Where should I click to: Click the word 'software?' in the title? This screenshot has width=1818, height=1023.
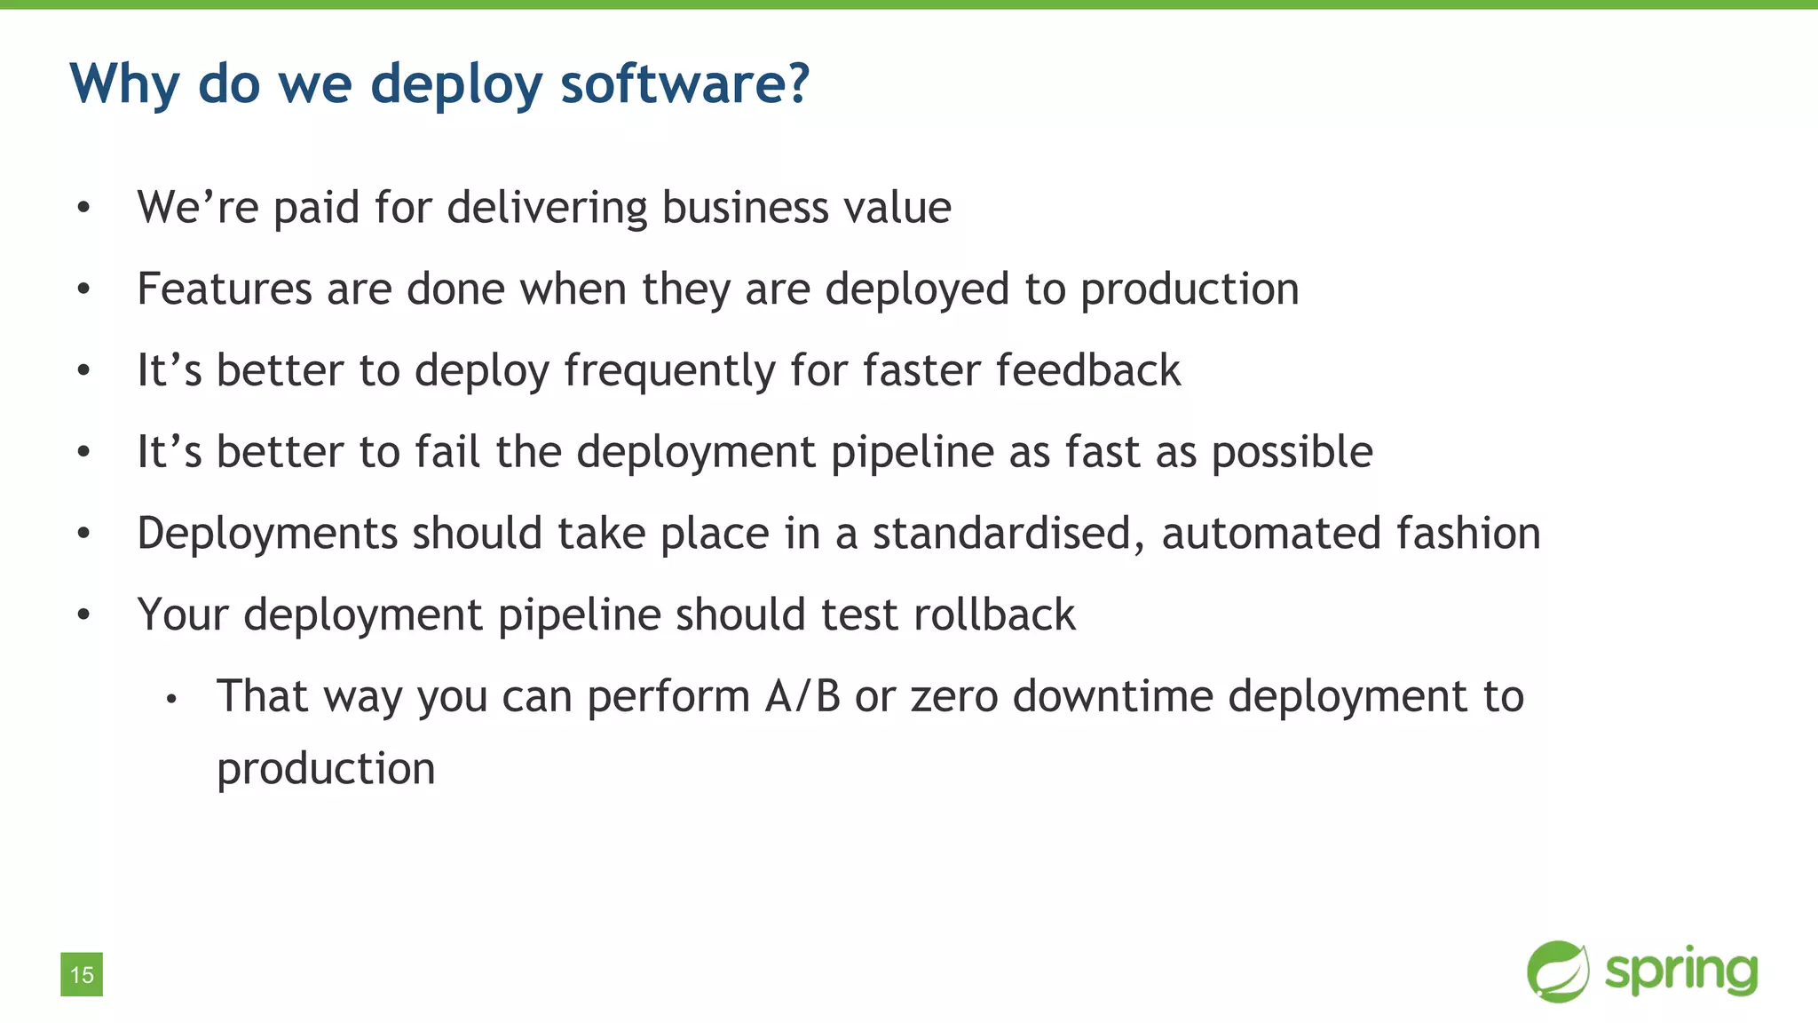pyautogui.click(x=684, y=83)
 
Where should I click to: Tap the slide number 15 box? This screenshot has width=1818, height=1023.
pyautogui.click(x=82, y=974)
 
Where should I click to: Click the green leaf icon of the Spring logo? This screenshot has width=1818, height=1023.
pyautogui.click(x=1558, y=971)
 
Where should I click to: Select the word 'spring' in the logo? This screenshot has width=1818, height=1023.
pyautogui.click(x=1681, y=971)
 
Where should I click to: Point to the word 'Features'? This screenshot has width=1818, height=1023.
pyautogui.click(x=225, y=289)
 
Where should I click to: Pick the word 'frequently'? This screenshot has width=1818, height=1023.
pyautogui.click(x=669, y=371)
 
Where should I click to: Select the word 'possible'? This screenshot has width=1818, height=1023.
pyautogui.click(x=1292, y=453)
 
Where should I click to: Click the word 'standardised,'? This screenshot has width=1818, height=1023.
pyautogui.click(x=1008, y=534)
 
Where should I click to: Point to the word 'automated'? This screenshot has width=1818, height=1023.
pyautogui.click(x=1270, y=534)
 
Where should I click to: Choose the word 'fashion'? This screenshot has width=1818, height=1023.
pyautogui.click(x=1468, y=534)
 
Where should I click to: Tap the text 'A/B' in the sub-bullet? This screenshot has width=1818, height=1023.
pyautogui.click(x=802, y=696)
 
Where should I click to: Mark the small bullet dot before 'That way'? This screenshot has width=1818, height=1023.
pyautogui.click(x=171, y=700)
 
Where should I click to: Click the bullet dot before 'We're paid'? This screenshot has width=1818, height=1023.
pyautogui.click(x=83, y=208)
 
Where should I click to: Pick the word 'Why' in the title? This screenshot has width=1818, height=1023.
pyautogui.click(x=124, y=85)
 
